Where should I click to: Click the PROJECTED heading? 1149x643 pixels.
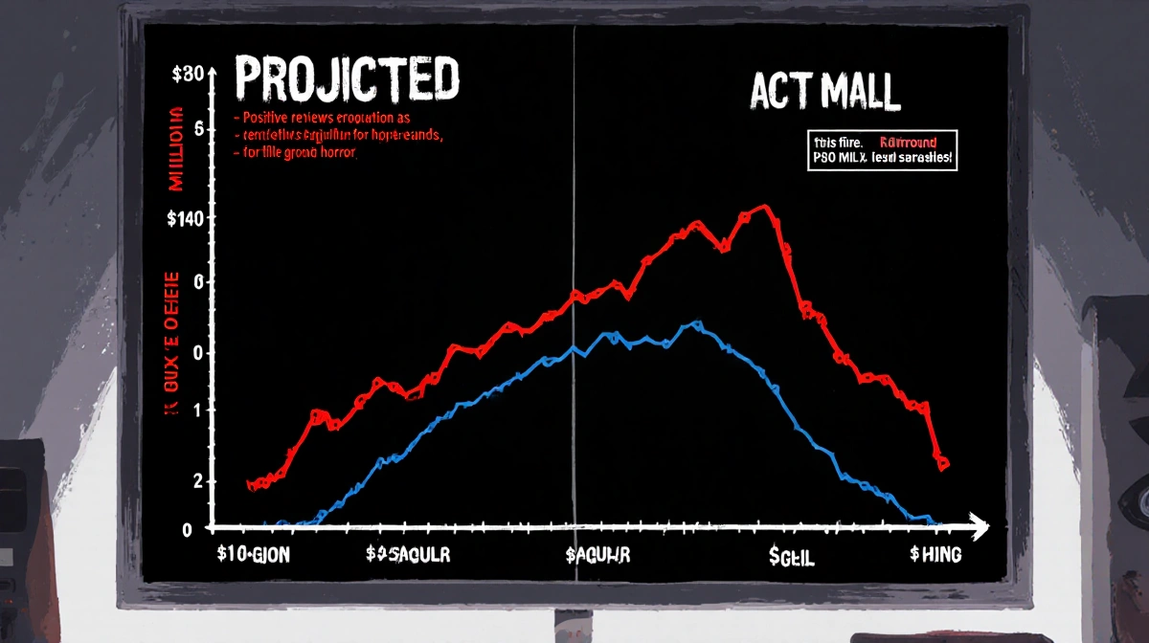coord(347,79)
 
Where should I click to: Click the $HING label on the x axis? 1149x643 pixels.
coord(935,555)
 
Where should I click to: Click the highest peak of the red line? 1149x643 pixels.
coord(763,207)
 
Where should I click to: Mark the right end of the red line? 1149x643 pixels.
coord(943,465)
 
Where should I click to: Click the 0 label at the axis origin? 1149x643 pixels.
coord(187,529)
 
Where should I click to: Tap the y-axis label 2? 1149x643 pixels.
coord(198,482)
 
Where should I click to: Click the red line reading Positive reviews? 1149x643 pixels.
coord(326,117)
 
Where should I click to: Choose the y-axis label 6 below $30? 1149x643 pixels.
coord(199,129)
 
